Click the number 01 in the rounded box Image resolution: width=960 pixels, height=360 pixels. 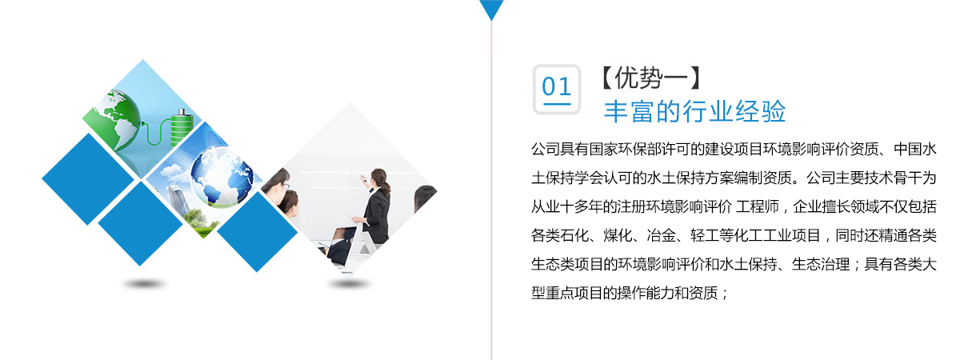click(x=556, y=86)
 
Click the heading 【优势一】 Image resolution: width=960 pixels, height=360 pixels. click(x=651, y=78)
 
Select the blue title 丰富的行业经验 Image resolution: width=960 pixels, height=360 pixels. click(x=694, y=111)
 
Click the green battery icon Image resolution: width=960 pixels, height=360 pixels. click(x=179, y=128)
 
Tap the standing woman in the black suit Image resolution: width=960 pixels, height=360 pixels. click(x=374, y=206)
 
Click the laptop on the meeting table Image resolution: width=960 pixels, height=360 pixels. click(x=343, y=245)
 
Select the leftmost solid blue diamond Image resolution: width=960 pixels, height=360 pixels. click(x=88, y=178)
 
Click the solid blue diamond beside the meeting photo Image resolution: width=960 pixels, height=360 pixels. click(x=257, y=231)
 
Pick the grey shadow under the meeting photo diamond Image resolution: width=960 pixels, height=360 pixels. click(x=349, y=284)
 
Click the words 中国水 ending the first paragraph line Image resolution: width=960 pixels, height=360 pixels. click(x=915, y=149)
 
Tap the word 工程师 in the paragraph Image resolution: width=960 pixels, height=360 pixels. click(x=758, y=206)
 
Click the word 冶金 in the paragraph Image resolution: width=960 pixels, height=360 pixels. click(x=662, y=235)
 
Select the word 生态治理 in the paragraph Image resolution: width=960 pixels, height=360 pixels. click(x=820, y=264)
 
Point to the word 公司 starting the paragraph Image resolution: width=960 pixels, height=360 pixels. click(x=546, y=149)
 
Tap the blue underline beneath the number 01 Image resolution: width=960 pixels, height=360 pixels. click(x=557, y=104)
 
